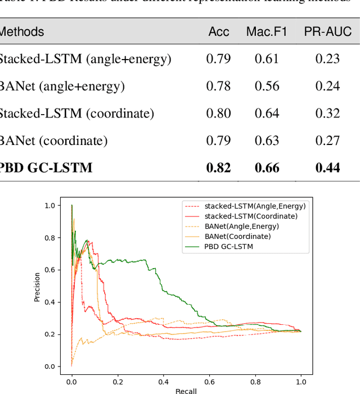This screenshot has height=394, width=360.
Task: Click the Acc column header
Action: pos(219,32)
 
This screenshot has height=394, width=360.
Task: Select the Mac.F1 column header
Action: pos(267,32)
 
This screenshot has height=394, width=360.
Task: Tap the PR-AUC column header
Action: pos(328,32)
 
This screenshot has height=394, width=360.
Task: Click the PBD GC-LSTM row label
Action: pos(46,167)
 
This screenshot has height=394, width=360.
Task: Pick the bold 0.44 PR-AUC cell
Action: pos(327,167)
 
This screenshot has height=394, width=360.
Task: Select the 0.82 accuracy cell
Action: pos(218,167)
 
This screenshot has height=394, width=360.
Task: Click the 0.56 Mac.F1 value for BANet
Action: pos(267,86)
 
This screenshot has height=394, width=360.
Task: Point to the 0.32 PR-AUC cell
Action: pos(327,114)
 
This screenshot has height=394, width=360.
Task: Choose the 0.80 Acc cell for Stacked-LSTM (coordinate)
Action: pos(218,114)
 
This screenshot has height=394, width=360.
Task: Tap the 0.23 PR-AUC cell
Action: pos(327,58)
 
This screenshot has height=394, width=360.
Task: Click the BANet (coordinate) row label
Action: pos(53,141)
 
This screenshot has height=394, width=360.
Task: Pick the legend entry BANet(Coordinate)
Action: pos(237,237)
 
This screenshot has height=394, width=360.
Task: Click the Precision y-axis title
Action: pos(37,287)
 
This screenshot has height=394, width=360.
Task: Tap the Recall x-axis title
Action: pos(186,391)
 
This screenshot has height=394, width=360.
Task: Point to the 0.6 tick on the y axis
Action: pos(51,270)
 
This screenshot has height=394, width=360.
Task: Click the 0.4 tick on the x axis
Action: pos(163,381)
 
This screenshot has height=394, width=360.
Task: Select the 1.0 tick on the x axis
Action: pos(301,381)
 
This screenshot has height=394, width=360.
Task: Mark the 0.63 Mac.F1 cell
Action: pos(267,141)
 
